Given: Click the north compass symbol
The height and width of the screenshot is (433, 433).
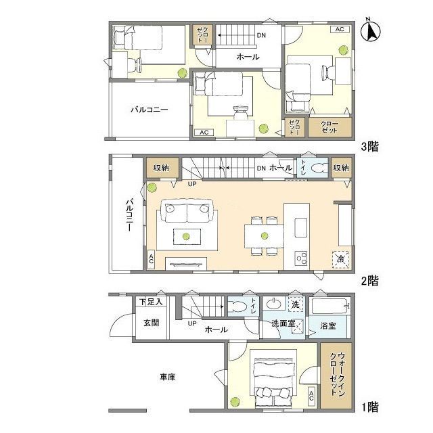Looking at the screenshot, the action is click(x=371, y=31).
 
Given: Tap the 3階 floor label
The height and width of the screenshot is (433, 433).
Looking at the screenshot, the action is click(x=370, y=147).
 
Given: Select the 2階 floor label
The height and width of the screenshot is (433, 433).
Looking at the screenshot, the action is click(x=370, y=281).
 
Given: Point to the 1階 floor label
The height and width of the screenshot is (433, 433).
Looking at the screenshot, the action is click(x=370, y=407).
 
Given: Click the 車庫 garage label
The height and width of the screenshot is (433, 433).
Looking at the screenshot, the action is click(x=168, y=377).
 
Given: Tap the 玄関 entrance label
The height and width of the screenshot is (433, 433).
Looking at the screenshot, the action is click(x=152, y=323).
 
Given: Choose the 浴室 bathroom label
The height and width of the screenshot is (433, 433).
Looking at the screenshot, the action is click(x=327, y=326).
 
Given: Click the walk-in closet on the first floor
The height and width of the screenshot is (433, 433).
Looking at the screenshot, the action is click(x=336, y=375).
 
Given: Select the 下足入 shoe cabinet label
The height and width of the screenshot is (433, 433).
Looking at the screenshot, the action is click(x=151, y=302).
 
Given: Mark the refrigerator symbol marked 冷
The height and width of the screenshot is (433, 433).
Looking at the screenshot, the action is click(x=341, y=259).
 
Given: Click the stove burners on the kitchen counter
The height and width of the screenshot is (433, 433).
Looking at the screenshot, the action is click(x=301, y=258).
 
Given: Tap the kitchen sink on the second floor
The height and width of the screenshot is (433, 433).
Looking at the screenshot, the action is click(x=300, y=227).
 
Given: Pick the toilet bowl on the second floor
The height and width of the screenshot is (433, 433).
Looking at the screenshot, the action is click(x=317, y=168).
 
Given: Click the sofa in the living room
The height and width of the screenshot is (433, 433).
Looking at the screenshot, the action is click(x=189, y=210).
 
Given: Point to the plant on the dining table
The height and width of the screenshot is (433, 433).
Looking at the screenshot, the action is click(x=265, y=235).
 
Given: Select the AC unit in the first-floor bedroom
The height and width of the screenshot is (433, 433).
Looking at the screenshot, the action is click(x=311, y=396).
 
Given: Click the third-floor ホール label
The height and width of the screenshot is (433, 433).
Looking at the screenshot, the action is click(x=248, y=57).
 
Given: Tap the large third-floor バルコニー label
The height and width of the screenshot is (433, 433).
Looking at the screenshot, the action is click(x=149, y=110).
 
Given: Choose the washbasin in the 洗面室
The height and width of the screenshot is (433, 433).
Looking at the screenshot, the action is click(x=274, y=304).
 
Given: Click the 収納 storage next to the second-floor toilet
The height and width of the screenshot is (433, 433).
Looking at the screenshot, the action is click(x=341, y=168).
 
